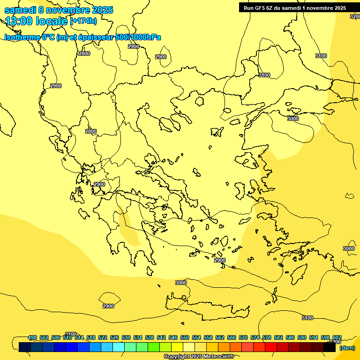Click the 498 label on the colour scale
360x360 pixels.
coord(32,337)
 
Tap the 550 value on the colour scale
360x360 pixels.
coord(185,337)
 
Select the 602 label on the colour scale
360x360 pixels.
coord(337,337)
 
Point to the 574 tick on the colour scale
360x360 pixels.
coord(255,337)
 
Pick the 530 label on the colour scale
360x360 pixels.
coord(126,337)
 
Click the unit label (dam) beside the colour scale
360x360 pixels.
coord(347,348)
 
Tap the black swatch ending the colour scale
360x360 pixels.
coord(330,347)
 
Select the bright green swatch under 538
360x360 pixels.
coord(153,347)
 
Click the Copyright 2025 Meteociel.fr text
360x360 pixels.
coord(199,357)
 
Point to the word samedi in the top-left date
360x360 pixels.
coord(19,10)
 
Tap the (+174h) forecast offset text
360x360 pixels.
coord(83,21)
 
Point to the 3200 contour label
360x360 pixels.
coord(355,16)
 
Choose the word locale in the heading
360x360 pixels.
coord(53,21)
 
